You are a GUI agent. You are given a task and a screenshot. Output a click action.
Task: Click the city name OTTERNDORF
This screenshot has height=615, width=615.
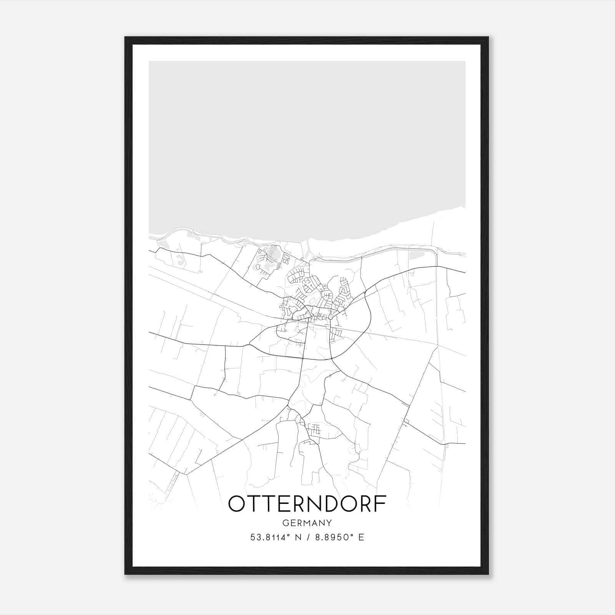pos(307,504)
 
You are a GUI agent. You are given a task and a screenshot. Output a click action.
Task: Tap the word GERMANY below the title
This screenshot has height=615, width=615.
pos(307,523)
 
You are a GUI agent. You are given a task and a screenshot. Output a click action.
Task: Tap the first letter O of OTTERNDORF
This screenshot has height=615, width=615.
pos(236,504)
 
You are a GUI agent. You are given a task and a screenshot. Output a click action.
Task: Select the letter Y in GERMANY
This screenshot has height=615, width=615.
pos(329,523)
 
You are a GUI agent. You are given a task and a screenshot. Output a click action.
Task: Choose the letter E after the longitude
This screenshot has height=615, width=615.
pos(361,537)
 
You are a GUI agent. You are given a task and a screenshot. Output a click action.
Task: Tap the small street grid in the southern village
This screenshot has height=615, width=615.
pos(315,429)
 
